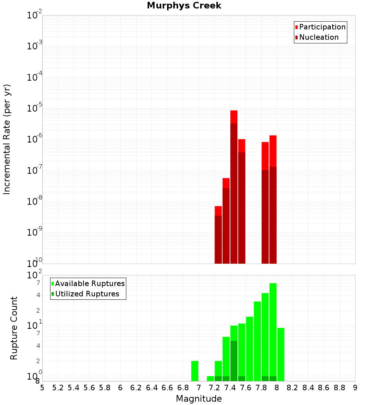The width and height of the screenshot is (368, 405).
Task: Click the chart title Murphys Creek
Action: point(184,6)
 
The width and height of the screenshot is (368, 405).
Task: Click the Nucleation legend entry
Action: point(318,38)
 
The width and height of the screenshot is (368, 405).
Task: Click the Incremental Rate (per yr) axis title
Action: point(7,140)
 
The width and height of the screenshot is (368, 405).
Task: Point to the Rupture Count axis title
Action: point(14,328)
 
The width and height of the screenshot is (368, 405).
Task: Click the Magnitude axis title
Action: point(199,399)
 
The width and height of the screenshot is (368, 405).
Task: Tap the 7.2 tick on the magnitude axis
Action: point(214,388)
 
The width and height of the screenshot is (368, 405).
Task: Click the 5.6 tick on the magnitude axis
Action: point(89,388)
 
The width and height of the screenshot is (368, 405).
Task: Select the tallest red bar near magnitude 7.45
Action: point(234,184)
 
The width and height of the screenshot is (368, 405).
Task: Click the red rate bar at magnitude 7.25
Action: point(218,236)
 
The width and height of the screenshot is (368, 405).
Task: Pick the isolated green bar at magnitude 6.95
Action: point(195,371)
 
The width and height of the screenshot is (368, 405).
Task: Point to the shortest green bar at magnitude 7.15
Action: point(210,379)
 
